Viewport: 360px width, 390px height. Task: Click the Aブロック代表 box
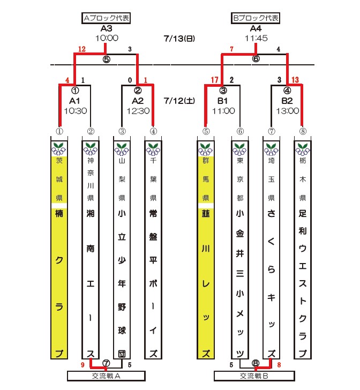tap(106, 18)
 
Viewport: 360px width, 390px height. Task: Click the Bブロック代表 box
tap(256, 18)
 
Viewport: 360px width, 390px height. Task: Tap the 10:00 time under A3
tap(106, 39)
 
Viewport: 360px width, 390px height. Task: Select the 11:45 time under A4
tap(256, 39)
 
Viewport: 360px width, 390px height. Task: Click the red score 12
tap(81, 49)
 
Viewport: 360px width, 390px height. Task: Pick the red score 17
tap(215, 80)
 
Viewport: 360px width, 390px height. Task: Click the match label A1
tap(74, 100)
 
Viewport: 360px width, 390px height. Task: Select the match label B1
tap(223, 100)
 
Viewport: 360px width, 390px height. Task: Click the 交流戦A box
tap(106, 376)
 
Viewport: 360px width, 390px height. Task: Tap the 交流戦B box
tap(255, 376)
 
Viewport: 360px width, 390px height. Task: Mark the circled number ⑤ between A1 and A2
tap(106, 59)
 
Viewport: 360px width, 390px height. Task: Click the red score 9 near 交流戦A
tap(82, 365)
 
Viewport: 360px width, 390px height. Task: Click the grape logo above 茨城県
tap(59, 147)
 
